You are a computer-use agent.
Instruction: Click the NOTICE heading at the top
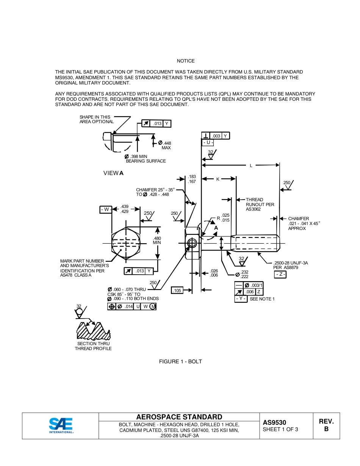coord(186,61)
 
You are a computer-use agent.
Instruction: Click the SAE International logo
coord(61,425)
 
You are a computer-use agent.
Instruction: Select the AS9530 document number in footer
coord(274,422)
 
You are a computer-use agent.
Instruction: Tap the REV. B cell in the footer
coord(326,425)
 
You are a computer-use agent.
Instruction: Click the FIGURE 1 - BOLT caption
coord(180,361)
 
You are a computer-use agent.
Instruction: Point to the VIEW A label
coord(113,173)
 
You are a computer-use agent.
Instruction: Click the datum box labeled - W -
coord(106,210)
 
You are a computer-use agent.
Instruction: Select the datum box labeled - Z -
coord(280,275)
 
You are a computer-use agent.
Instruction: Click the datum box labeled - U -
coord(208,143)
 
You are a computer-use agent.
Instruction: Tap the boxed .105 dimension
coord(177,290)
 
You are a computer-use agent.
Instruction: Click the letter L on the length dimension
coord(251,166)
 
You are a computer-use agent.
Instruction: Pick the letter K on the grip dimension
coord(218,179)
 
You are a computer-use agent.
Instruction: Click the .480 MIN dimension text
coord(157,240)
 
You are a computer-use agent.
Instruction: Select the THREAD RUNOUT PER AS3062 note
coord(260,205)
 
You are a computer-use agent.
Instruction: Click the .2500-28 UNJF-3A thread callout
coord(291,265)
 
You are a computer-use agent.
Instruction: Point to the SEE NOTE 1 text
coord(262,299)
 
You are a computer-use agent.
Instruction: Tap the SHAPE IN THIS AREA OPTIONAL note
coord(96,119)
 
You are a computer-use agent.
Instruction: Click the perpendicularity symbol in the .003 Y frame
coord(205,136)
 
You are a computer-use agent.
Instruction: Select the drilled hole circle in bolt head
coord(193,243)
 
